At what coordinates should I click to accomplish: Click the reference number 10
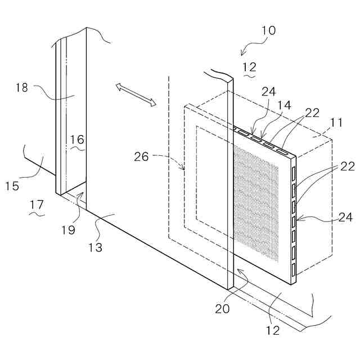pyautogui.click(x=268, y=30)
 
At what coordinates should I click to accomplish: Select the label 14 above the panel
pyautogui.click(x=285, y=105)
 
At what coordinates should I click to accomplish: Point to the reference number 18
pyautogui.click(x=22, y=87)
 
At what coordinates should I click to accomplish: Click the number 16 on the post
pyautogui.click(x=77, y=139)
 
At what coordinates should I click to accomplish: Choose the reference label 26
pyautogui.click(x=141, y=156)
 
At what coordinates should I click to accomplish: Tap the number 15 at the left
pyautogui.click(x=13, y=185)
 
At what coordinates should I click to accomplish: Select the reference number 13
pyautogui.click(x=96, y=246)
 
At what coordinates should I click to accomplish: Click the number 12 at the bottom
pyautogui.click(x=273, y=331)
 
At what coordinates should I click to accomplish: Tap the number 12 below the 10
pyautogui.click(x=250, y=67)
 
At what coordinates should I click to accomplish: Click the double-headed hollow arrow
pyautogui.click(x=135, y=94)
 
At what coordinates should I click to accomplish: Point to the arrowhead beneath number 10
pyautogui.click(x=242, y=53)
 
